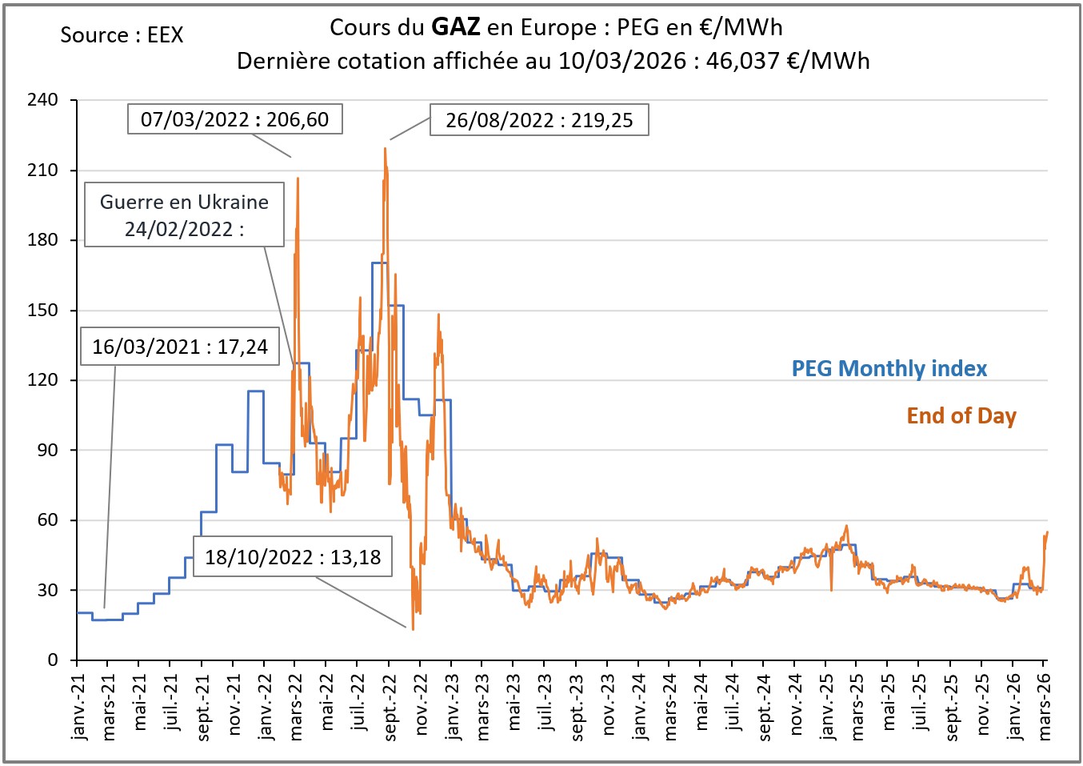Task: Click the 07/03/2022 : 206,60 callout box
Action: pos(234,119)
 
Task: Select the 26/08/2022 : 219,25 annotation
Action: pos(539,120)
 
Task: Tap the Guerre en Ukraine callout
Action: pos(184,215)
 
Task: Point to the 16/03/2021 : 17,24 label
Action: pos(180,347)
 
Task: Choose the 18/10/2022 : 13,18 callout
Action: pos(293,556)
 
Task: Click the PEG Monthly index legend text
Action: pos(889,368)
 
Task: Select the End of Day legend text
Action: pos(961,415)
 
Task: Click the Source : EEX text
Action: pos(122,35)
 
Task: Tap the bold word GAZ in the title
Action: pos(455,27)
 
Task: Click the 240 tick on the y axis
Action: pos(42,100)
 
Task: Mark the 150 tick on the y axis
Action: pos(42,310)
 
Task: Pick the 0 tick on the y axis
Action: pos(53,660)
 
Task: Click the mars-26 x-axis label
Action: pos(1044,705)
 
